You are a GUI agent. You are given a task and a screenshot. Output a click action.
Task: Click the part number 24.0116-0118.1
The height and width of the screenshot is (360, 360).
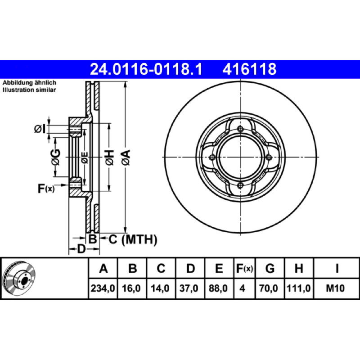tap(146, 69)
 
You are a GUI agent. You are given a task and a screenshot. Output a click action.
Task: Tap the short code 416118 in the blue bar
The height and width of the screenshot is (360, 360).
tap(249, 69)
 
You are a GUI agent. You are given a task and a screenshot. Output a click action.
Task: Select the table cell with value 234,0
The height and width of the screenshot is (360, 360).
tap(103, 288)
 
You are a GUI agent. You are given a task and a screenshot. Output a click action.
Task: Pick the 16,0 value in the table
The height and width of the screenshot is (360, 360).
tap(131, 288)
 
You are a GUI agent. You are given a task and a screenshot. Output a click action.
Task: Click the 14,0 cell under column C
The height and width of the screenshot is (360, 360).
tap(160, 288)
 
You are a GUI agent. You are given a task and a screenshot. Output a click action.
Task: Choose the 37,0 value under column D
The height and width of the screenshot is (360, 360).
tap(189, 288)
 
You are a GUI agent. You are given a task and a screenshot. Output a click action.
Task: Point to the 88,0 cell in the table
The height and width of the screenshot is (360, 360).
tap(218, 288)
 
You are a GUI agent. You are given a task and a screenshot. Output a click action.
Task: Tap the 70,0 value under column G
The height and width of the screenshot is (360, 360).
tap(268, 288)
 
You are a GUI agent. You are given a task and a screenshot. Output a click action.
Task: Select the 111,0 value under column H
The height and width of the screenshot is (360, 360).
tap(299, 288)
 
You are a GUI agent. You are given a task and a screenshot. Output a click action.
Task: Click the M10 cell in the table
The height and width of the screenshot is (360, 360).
tap(335, 288)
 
